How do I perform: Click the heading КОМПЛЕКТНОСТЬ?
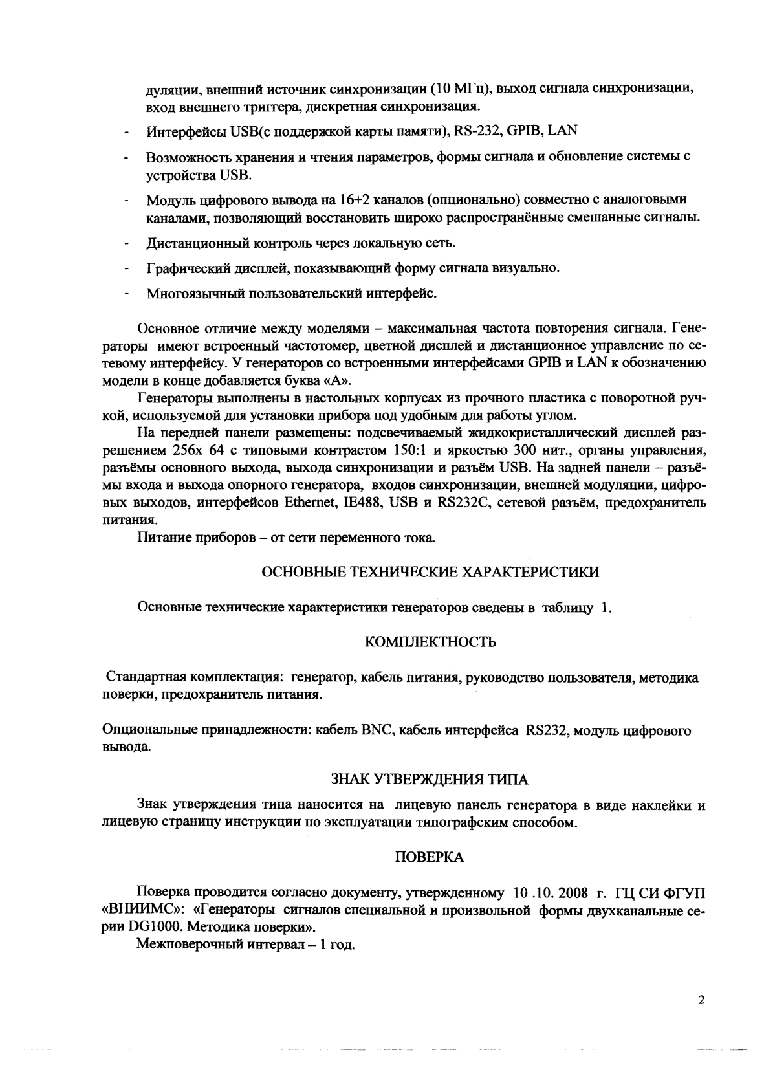[x=430, y=642]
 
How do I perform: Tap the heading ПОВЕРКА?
[x=429, y=857]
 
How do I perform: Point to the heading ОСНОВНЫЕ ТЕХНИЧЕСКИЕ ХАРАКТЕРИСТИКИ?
[x=430, y=572]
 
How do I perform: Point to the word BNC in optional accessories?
[x=374, y=731]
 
